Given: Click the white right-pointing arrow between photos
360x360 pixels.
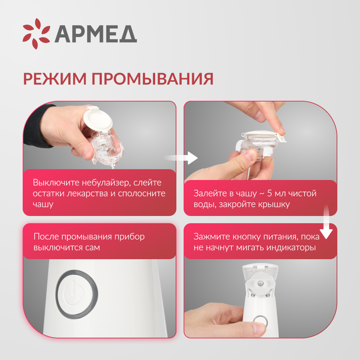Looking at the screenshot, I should (187, 158).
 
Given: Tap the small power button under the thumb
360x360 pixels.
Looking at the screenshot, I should (260, 321).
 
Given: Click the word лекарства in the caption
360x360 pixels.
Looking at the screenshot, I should (86, 193).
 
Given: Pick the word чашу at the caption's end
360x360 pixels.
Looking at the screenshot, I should (43, 204).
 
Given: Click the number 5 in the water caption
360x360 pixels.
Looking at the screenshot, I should (269, 193).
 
